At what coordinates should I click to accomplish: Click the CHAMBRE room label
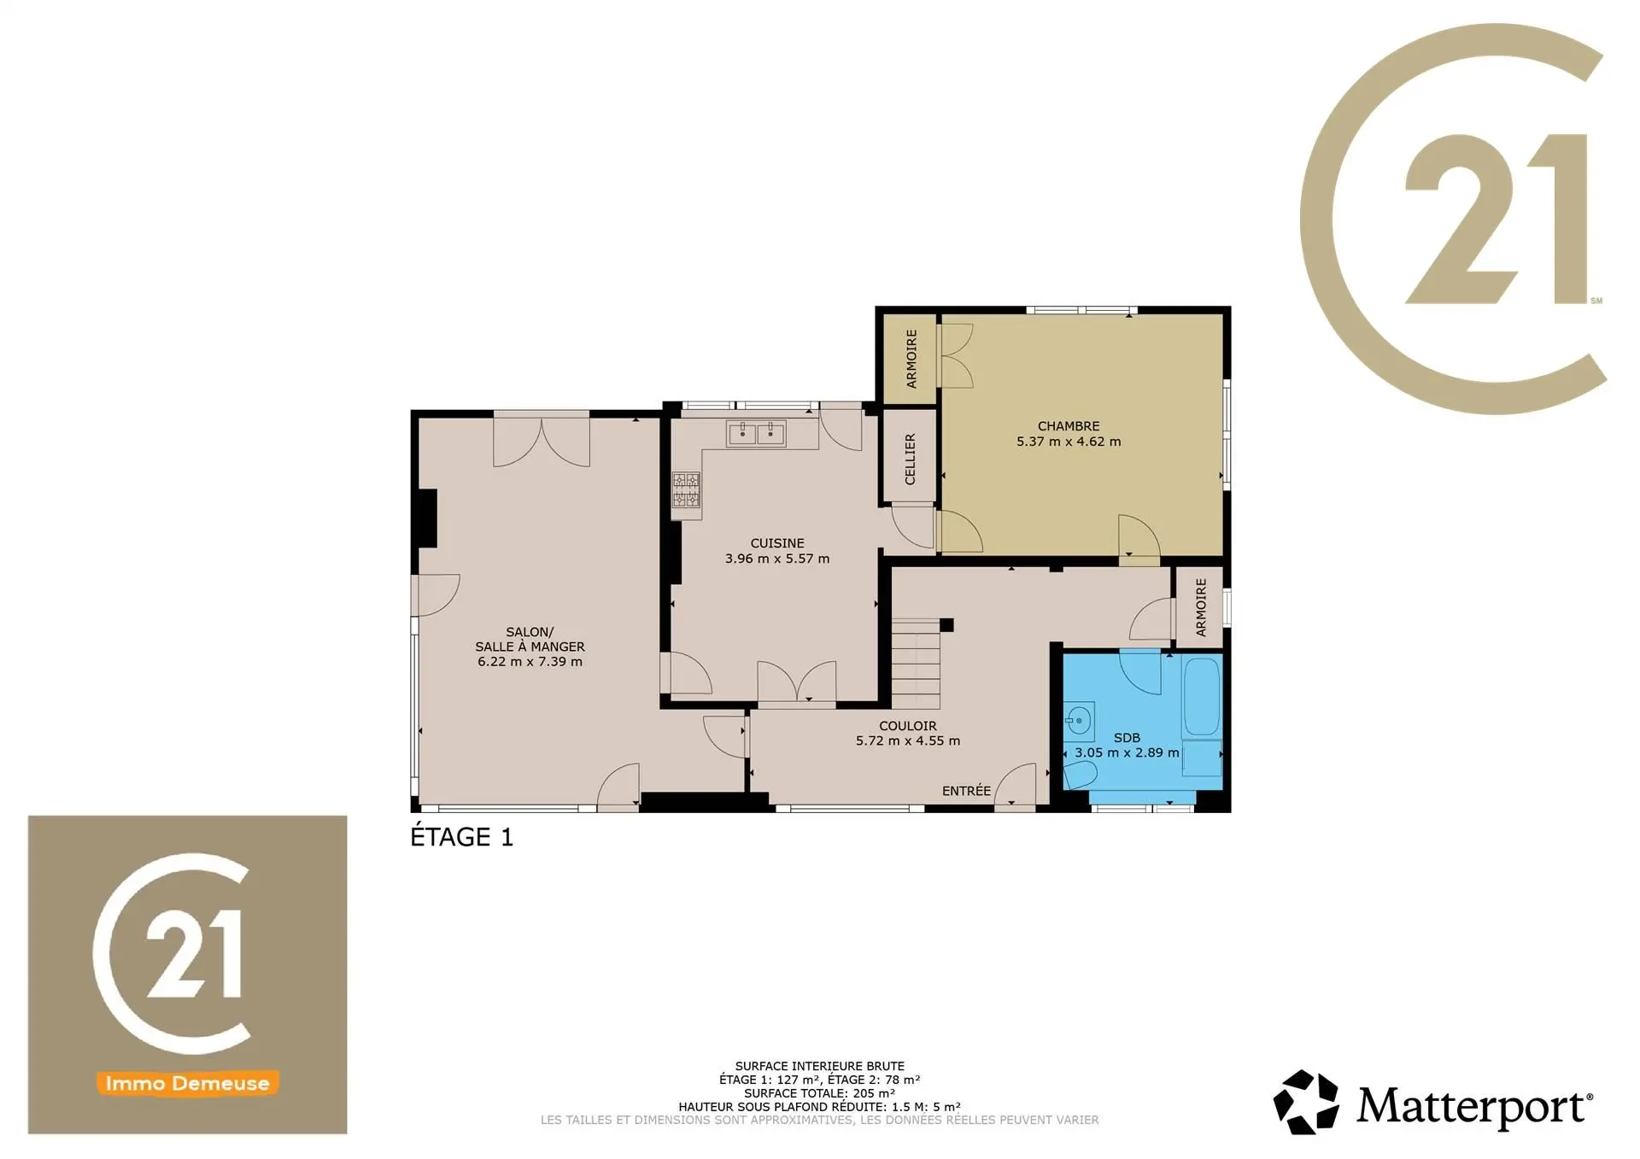click(1069, 426)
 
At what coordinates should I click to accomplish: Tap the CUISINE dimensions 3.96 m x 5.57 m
click(777, 559)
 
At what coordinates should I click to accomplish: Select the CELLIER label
click(910, 459)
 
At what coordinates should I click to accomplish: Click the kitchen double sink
click(756, 434)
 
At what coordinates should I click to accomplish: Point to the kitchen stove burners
click(686, 490)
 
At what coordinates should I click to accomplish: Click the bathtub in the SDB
click(1202, 698)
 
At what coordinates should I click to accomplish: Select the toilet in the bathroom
click(1080, 776)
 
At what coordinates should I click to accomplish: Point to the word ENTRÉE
click(966, 791)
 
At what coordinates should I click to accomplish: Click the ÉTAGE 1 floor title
click(461, 837)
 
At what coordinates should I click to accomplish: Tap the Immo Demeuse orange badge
click(187, 1083)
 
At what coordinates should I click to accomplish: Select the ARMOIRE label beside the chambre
click(911, 359)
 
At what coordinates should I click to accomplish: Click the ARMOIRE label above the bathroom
click(1201, 607)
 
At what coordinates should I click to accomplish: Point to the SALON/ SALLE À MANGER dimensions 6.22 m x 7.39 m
click(530, 662)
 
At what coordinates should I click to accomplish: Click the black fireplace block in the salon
click(426, 518)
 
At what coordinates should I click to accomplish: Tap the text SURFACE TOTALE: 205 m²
click(819, 1093)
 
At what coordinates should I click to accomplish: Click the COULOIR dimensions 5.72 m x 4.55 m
click(908, 740)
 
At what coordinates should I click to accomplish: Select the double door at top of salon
click(542, 440)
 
